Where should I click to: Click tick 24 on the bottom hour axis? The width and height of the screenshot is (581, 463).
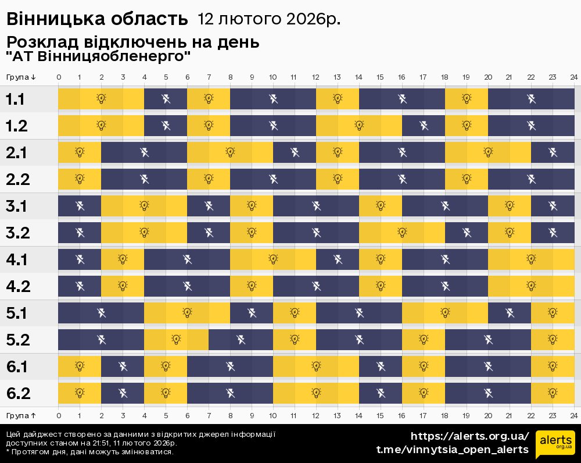coord(573,415)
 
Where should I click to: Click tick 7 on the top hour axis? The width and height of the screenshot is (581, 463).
coord(209,77)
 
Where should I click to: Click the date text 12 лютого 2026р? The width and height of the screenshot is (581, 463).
coord(269,19)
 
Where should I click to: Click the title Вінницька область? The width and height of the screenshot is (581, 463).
coord(97,19)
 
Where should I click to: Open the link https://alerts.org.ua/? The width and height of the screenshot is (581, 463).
coord(470,436)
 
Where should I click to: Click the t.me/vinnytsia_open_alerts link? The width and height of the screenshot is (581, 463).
coord(453,450)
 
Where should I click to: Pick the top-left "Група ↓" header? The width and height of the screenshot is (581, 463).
coord(21,77)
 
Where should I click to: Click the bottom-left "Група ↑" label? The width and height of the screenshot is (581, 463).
coord(21,415)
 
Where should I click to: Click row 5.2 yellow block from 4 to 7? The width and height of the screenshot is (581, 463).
coord(176,340)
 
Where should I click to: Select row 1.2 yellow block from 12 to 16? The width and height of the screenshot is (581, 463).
coord(359,125)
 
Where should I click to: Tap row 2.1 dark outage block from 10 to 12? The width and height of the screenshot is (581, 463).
coord(295,152)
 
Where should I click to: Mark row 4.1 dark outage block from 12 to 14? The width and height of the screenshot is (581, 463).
coord(338,259)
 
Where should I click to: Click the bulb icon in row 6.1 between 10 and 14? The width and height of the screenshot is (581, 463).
coord(316,366)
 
